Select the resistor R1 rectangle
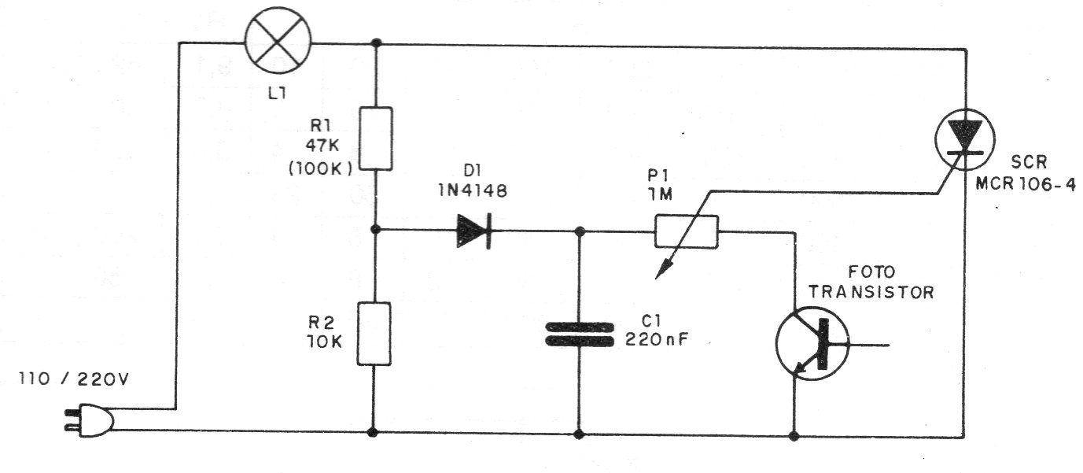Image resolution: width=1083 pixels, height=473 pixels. click(x=375, y=139)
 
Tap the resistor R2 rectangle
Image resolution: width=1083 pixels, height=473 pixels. click(x=374, y=334)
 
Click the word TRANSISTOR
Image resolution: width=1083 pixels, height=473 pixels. click(x=872, y=292)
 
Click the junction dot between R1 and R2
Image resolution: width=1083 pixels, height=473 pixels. click(x=375, y=231)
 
